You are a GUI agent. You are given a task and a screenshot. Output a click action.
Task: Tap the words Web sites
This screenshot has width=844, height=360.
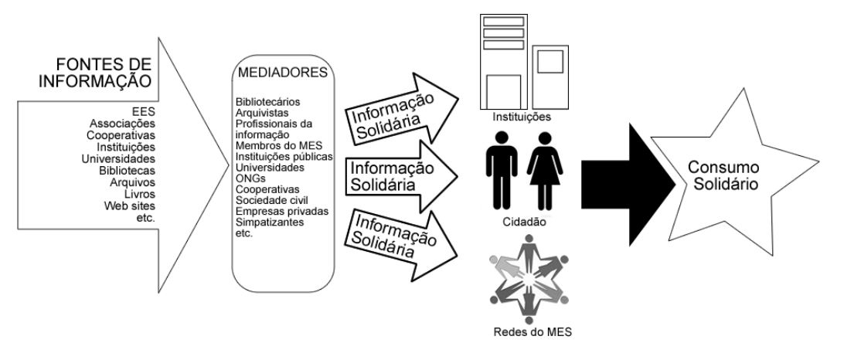[130, 205]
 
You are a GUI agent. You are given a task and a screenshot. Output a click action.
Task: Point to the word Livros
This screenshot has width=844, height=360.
[139, 194]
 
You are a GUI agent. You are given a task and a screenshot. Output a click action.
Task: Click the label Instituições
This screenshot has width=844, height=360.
[519, 117]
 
